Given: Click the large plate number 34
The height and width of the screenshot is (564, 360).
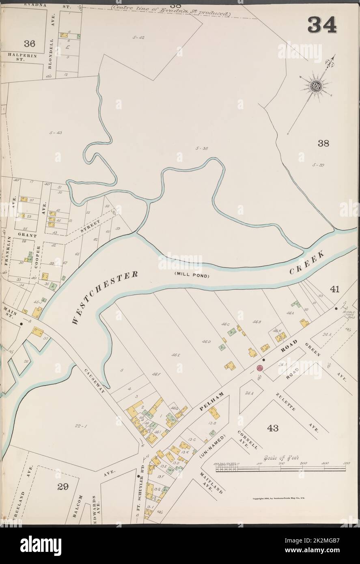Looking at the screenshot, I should coord(322,25).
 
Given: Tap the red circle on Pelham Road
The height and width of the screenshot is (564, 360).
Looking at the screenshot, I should coord(260,368).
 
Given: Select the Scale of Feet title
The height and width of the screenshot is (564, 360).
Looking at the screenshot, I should coord(281,458).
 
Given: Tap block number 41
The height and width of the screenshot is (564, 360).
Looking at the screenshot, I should coord(334,289).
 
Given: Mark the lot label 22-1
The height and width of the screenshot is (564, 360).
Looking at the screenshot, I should coord(82,426).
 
